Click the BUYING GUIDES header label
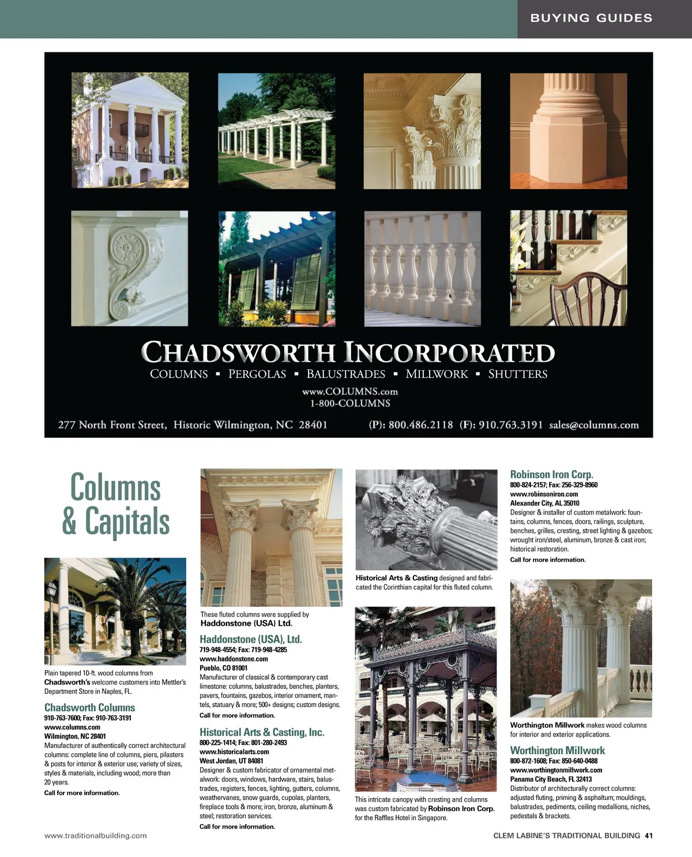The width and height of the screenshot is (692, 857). (x=591, y=18)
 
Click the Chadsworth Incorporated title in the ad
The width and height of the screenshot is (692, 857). (x=348, y=352)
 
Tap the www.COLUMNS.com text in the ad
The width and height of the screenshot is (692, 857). (x=349, y=391)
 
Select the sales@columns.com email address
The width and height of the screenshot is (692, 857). (x=594, y=425)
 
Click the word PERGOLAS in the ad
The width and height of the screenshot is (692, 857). (x=257, y=374)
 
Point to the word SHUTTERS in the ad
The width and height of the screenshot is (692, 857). (x=517, y=374)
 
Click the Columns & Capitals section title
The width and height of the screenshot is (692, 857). (x=115, y=504)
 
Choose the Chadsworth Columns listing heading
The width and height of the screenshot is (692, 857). (x=89, y=707)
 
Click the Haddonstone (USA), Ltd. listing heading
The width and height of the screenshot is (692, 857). (x=250, y=639)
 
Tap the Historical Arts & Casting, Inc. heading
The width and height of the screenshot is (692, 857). (x=262, y=732)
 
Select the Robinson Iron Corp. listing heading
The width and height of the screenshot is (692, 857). (x=551, y=474)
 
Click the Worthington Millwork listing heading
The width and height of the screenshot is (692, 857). (x=557, y=750)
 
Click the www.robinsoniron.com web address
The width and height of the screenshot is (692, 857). (x=544, y=494)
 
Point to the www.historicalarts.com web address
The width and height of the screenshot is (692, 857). (x=234, y=751)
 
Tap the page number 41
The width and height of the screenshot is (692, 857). (x=649, y=835)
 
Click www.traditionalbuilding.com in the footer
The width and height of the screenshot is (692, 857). (x=96, y=835)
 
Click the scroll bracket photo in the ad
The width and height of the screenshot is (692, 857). (x=129, y=268)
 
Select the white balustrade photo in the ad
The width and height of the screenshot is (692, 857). (x=422, y=268)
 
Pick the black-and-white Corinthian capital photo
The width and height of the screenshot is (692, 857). (x=426, y=519)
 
